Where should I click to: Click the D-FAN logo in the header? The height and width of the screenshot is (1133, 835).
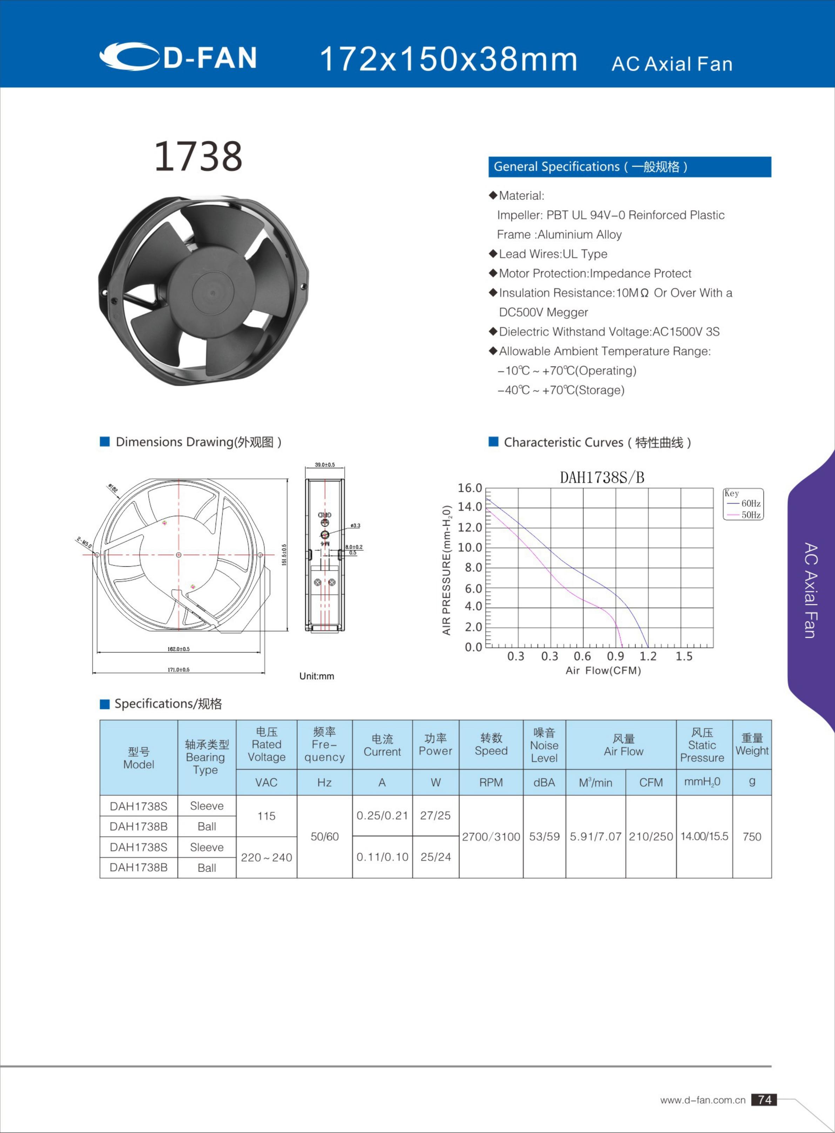click(178, 56)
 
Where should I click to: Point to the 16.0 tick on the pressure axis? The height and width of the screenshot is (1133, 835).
click(470, 488)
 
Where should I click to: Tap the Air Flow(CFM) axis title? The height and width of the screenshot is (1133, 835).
click(603, 670)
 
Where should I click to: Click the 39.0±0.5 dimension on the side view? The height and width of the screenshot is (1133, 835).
click(324, 464)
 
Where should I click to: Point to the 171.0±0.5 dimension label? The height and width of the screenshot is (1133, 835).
click(179, 669)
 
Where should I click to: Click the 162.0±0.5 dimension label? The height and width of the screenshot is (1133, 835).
click(179, 649)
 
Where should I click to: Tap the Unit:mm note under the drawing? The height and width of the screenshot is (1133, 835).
click(316, 676)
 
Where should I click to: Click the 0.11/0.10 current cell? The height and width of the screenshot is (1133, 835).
click(382, 857)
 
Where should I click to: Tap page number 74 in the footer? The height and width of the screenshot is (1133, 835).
click(764, 1100)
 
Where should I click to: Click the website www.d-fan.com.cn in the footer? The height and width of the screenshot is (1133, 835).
click(702, 1100)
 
